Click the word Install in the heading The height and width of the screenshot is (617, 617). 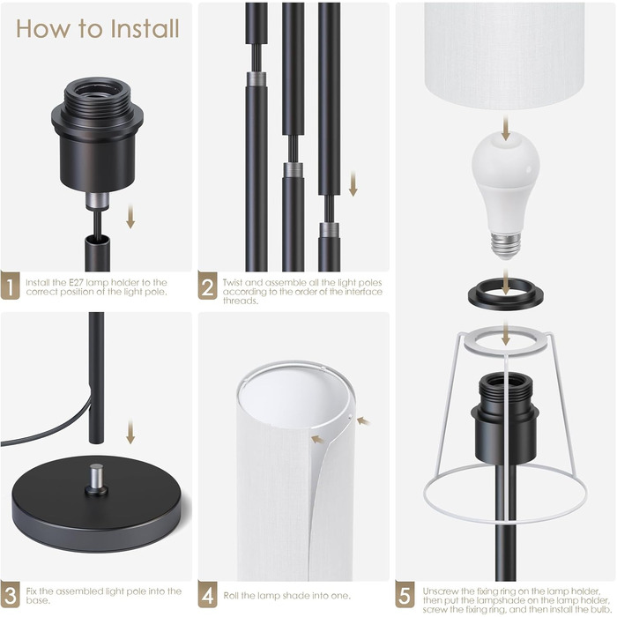tap(145, 29)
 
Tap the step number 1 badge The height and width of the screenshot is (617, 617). tap(10, 286)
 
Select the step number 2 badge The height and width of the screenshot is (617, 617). tap(207, 286)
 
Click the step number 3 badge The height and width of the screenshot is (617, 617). tap(10, 594)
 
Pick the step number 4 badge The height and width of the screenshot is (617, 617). tap(207, 594)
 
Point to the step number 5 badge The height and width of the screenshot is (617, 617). tap(405, 594)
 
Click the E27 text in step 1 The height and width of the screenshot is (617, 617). tap(77, 283)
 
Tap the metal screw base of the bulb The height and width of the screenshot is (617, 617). tap(506, 245)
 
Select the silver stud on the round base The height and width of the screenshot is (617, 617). tap(96, 478)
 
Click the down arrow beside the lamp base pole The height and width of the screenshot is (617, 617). tap(130, 432)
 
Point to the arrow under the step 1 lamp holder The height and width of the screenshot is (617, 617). tap(130, 217)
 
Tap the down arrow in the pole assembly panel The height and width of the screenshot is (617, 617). tap(353, 183)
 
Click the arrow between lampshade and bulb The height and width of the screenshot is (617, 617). tap(506, 129)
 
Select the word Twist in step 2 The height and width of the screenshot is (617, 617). tap(234, 283)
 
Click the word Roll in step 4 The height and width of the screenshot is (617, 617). tap(231, 595)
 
